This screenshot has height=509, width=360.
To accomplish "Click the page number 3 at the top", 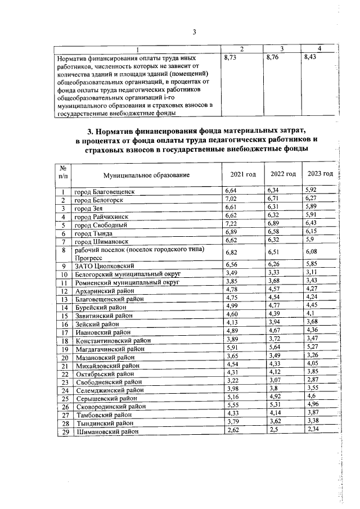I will pos(193,32).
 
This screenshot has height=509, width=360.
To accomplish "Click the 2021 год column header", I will pos(243,174).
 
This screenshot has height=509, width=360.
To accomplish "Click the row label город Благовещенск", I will pos(105,192).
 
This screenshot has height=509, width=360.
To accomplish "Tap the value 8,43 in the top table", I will pos(310,58).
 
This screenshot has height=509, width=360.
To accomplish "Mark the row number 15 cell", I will pos(65,316).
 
